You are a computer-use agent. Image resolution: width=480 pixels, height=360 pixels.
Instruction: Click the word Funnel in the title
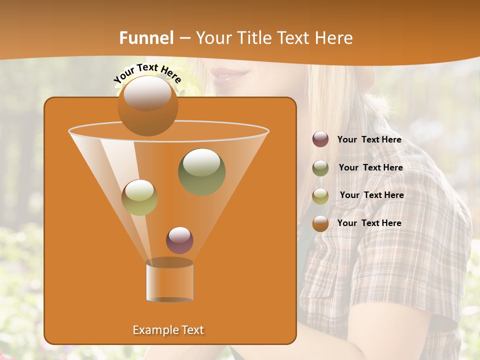point(146,38)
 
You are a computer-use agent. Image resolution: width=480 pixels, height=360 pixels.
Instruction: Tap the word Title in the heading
point(254,38)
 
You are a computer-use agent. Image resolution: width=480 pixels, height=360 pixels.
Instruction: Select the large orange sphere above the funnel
point(147,105)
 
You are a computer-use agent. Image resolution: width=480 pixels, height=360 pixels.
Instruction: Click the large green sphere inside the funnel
point(201,171)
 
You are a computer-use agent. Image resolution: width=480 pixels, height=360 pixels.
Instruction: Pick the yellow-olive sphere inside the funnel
point(139,197)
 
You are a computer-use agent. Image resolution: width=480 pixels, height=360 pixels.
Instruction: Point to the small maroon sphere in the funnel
point(179,240)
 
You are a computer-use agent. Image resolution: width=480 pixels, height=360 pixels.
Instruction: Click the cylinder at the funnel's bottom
point(169,281)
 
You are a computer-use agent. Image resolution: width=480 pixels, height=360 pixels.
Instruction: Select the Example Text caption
point(168,330)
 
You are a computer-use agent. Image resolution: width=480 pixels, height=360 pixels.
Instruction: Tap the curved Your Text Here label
point(147,72)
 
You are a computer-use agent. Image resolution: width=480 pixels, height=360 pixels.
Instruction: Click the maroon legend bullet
point(320,139)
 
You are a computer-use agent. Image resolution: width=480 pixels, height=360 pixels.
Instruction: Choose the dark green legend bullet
point(320,168)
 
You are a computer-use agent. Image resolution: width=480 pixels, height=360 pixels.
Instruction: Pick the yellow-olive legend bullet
point(320,196)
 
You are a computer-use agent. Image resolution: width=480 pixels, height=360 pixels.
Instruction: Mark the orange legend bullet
point(320,223)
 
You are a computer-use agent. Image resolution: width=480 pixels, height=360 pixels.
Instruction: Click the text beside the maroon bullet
point(369,140)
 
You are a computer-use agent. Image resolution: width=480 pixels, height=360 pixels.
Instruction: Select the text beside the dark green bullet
point(370,168)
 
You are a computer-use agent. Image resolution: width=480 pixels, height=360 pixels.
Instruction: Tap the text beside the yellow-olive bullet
point(371,195)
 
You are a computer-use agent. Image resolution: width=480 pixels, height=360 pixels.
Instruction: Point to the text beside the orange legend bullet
point(369,223)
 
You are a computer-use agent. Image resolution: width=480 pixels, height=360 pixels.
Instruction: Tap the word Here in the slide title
point(333,38)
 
